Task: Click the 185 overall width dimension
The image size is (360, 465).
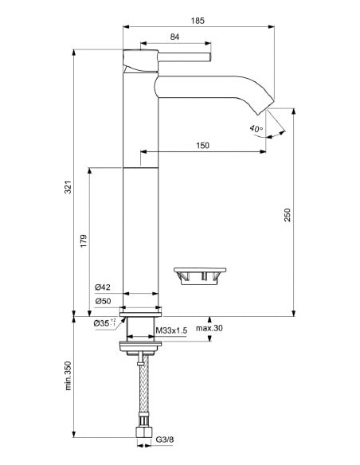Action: [198, 20]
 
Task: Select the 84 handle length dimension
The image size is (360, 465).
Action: [174, 37]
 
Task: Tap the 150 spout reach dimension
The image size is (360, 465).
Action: [204, 144]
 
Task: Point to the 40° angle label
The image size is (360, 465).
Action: [255, 127]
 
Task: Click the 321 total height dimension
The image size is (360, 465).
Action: [68, 188]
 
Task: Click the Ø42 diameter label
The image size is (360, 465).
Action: [102, 287]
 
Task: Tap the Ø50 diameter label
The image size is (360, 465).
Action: [102, 301]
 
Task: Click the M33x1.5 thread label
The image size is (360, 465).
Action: [172, 330]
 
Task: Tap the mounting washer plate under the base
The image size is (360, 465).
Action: [140, 344]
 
